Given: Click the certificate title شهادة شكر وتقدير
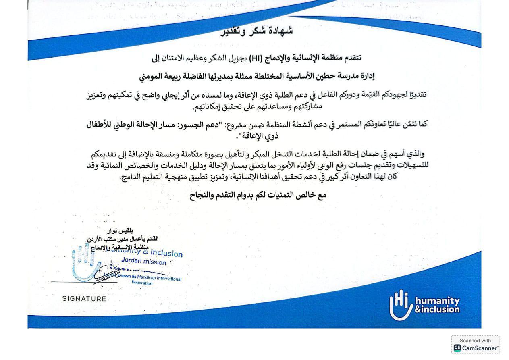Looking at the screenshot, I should pyautogui.click(x=256, y=31).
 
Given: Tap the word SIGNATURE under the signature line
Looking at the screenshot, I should pyautogui.click(x=84, y=299).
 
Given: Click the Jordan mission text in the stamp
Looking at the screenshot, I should pyautogui.click(x=143, y=262).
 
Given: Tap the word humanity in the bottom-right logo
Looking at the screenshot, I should pyautogui.click(x=437, y=301).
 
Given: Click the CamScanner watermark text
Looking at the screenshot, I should pyautogui.click(x=480, y=348).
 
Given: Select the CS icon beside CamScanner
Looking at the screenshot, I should pyautogui.click(x=457, y=348).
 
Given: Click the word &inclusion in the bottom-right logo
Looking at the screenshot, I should pyautogui.click(x=437, y=310).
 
